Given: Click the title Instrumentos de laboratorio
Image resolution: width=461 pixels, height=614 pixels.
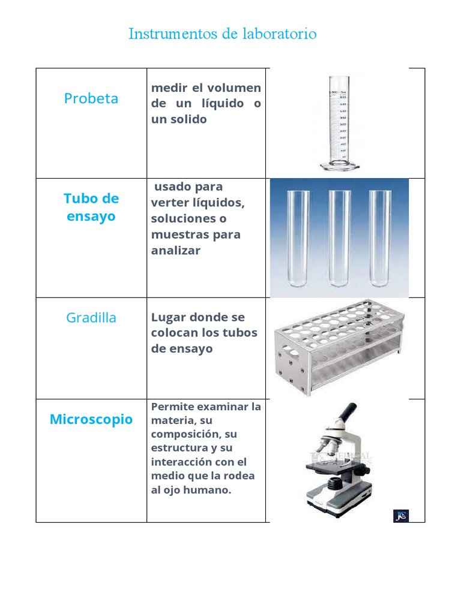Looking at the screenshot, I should click(x=222, y=34).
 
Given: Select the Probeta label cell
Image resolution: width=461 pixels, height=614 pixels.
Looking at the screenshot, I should click(x=91, y=98).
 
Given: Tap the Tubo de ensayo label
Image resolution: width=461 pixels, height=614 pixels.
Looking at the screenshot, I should click(x=91, y=207).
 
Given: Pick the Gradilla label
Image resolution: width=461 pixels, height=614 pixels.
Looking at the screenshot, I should click(x=91, y=318).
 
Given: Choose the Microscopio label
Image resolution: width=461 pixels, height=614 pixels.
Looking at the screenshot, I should click(x=91, y=419).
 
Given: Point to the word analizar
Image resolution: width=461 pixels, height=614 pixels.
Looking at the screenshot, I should click(x=176, y=250).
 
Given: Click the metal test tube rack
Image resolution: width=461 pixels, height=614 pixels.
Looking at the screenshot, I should click(x=337, y=348).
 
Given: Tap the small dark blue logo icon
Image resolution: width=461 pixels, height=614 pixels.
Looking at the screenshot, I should click(x=401, y=515).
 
